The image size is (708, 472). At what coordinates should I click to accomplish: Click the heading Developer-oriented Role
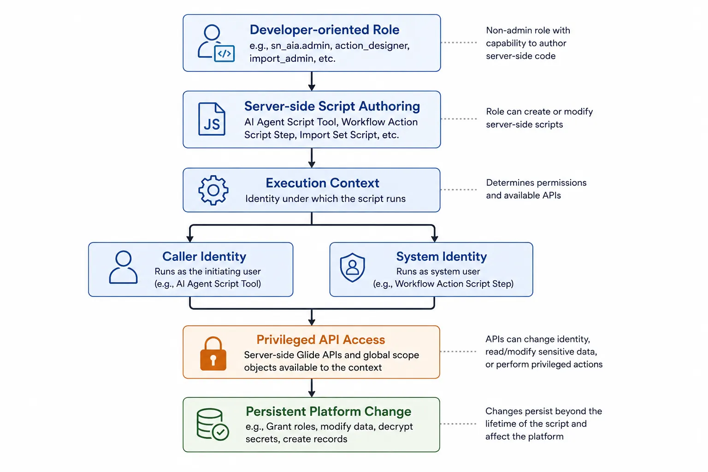point(324,29)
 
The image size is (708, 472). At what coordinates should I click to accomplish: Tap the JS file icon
point(212,119)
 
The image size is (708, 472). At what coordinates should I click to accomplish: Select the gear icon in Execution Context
point(213,190)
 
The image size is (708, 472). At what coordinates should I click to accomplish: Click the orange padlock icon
point(213,354)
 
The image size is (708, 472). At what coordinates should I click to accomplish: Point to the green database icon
point(212,424)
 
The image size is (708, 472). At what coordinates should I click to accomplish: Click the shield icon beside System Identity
point(353,267)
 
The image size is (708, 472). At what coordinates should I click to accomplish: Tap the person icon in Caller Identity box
point(123,267)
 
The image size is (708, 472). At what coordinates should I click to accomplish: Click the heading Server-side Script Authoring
point(332,106)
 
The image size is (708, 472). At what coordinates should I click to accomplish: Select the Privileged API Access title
point(320,340)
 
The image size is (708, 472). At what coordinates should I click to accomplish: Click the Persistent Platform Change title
point(328,411)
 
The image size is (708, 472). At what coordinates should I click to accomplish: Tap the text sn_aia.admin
point(300,46)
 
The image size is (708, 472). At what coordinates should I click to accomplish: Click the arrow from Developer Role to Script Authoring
point(312,81)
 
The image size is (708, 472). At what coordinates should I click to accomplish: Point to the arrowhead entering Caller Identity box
point(190,238)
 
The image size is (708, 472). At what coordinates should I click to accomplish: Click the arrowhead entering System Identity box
point(434,238)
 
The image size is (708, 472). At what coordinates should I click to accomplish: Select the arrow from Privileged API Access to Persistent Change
point(312,388)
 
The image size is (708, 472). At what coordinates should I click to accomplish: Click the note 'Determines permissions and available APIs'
point(536,189)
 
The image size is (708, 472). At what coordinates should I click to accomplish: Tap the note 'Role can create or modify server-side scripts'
point(539,118)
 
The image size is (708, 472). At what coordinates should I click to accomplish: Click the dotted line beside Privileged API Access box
point(458,352)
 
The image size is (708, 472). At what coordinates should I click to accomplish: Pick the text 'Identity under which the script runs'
point(325,199)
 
